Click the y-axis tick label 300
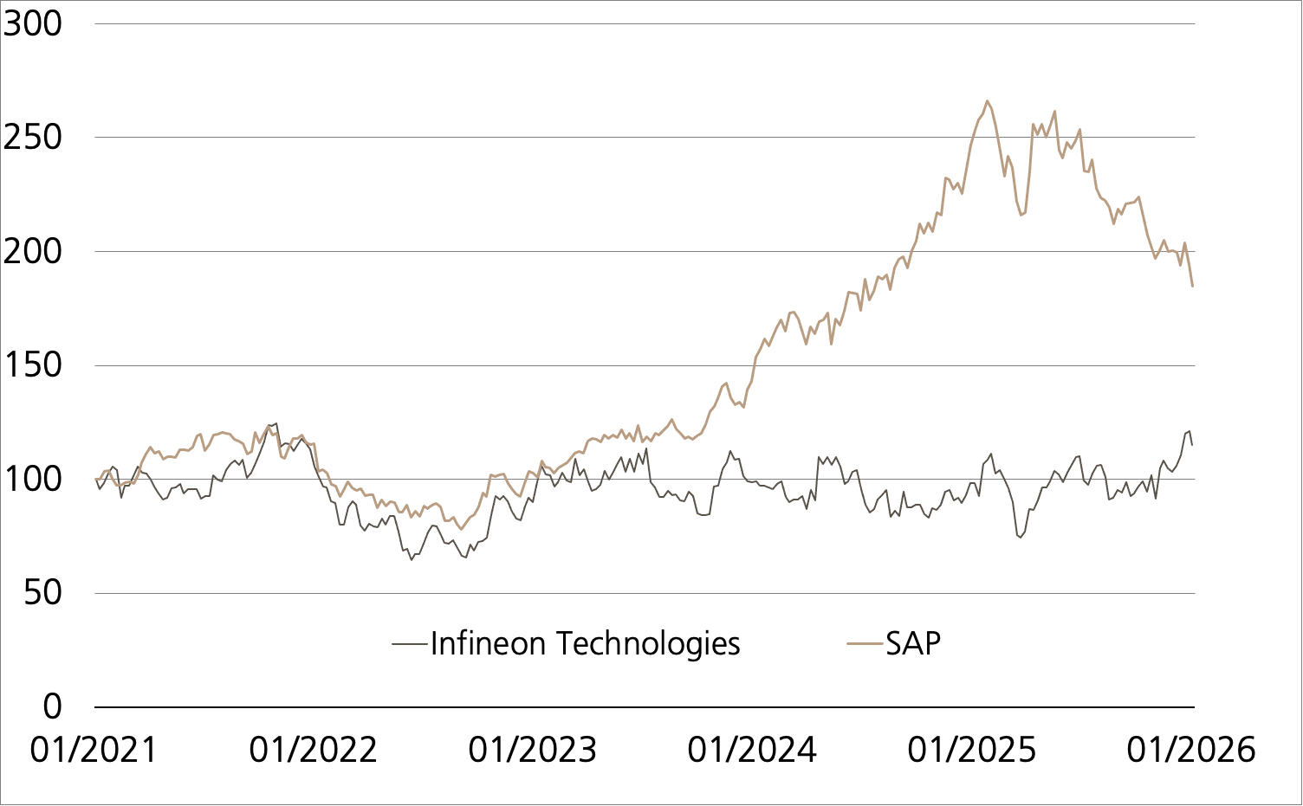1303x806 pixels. point(33,23)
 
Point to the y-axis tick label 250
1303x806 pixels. point(33,138)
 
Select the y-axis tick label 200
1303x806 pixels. point(33,251)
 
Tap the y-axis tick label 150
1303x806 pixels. point(33,365)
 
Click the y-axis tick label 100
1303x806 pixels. point(33,479)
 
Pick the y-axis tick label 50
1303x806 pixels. point(43,593)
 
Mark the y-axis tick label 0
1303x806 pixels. point(53,706)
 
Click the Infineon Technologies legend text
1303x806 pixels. point(586,644)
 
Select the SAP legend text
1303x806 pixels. point(913,644)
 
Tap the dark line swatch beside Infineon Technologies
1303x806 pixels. point(411,644)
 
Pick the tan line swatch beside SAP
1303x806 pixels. point(865,644)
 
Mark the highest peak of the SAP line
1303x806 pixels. point(987,100)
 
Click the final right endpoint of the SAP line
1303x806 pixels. point(1193,286)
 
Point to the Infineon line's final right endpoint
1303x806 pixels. point(1193,445)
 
